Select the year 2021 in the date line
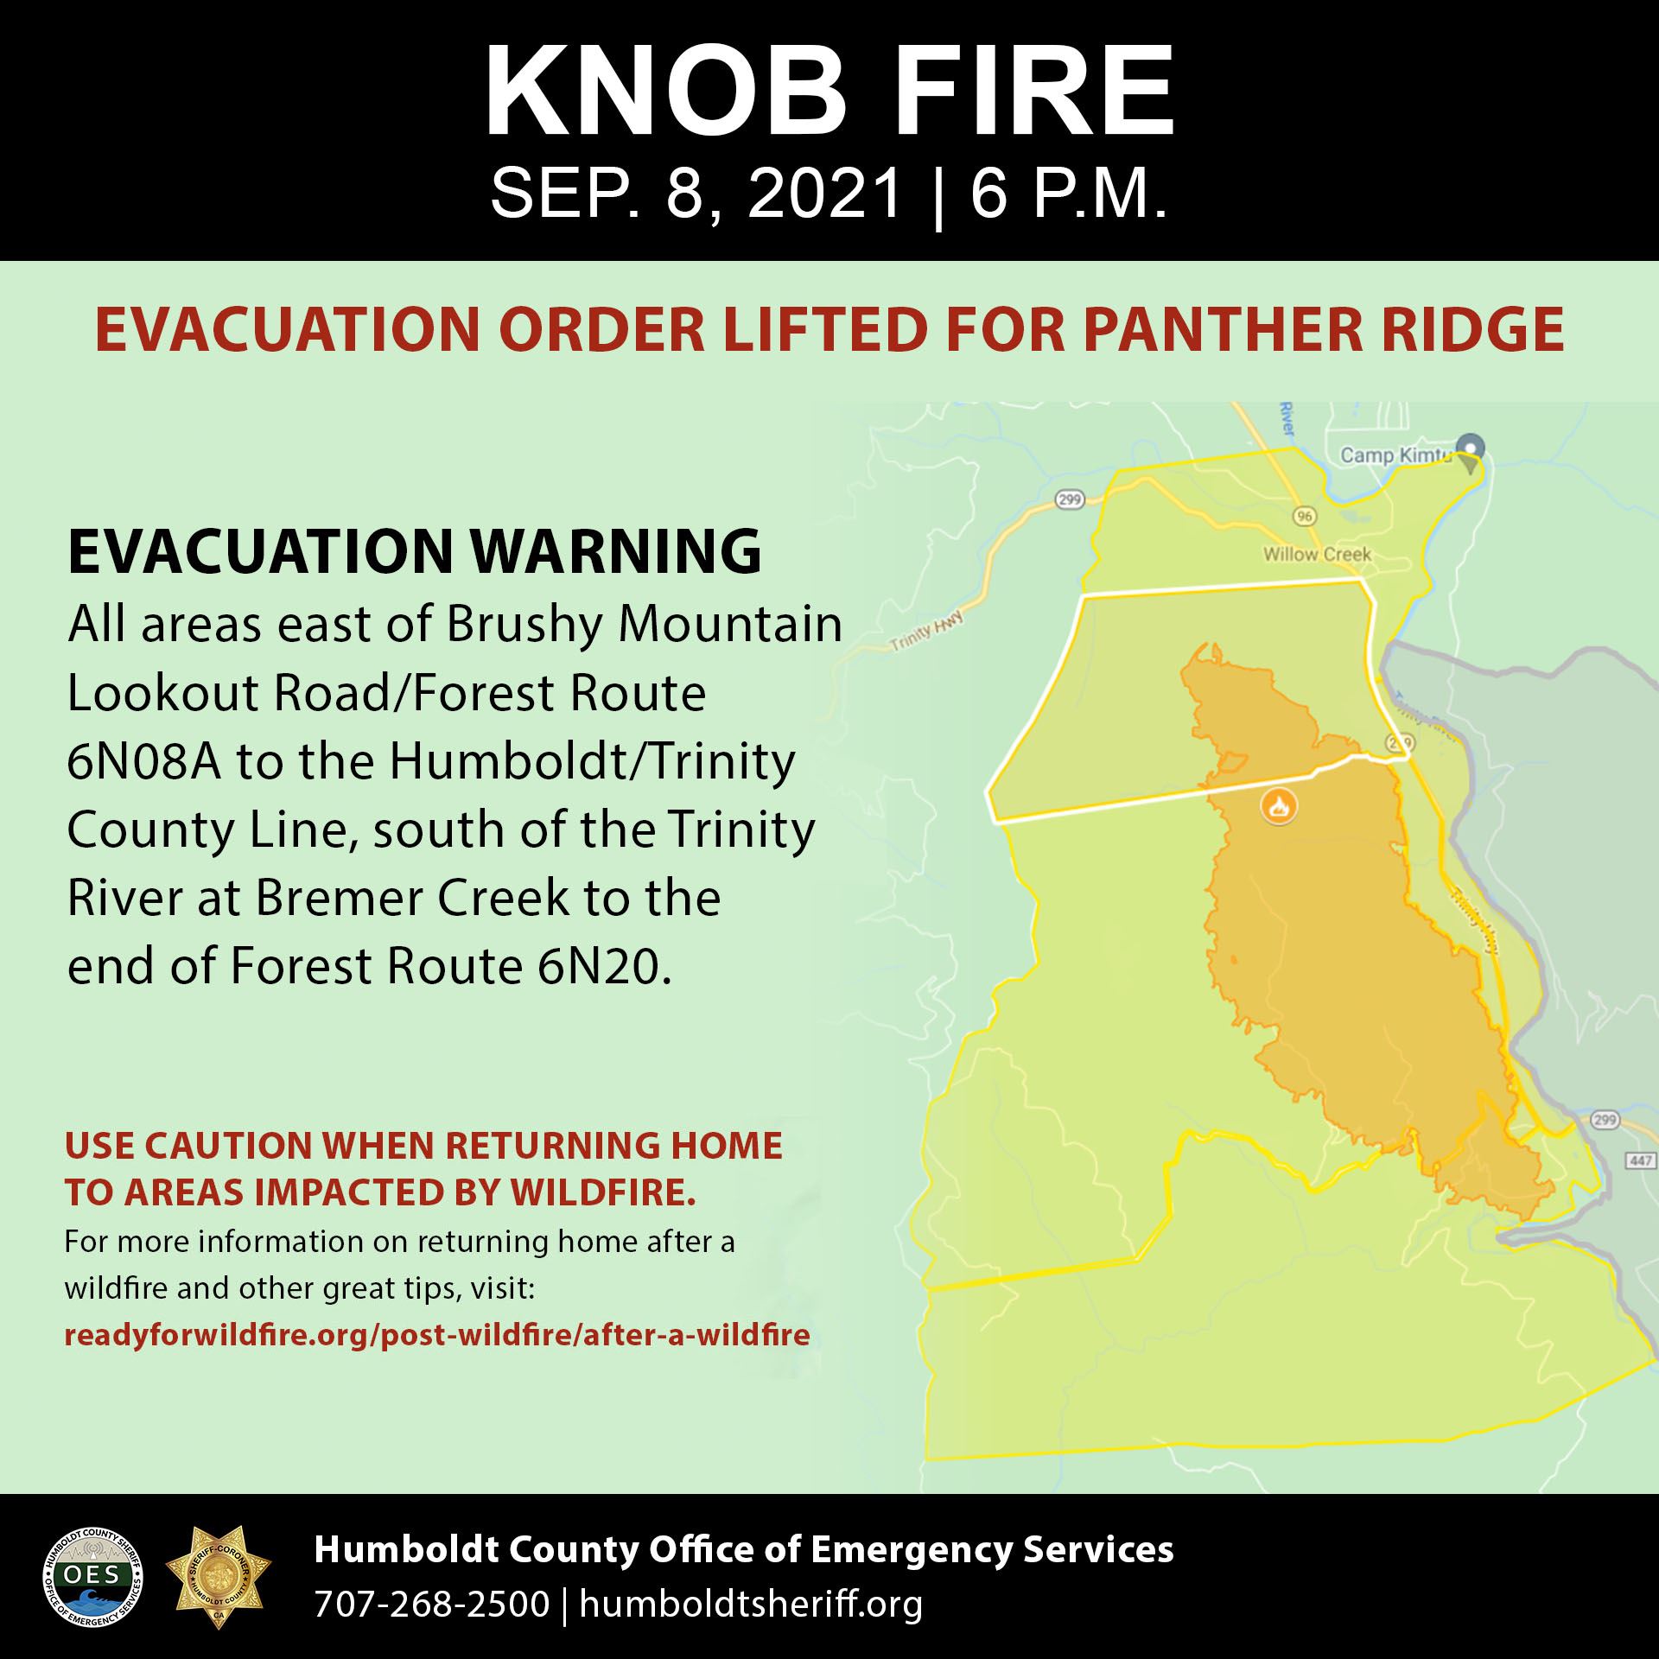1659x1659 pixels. (x=825, y=195)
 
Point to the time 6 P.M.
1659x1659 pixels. (x=1070, y=195)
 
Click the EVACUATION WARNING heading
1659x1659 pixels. (x=414, y=551)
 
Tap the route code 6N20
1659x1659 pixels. (x=598, y=967)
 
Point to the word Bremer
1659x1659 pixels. (x=342, y=899)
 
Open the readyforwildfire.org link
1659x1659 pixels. (x=437, y=1335)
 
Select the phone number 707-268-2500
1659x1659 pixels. (x=432, y=1604)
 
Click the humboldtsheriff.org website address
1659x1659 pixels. (x=751, y=1604)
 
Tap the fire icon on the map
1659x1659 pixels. (x=1279, y=806)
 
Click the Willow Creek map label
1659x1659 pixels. (x=1317, y=554)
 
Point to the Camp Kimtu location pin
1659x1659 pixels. (x=1470, y=450)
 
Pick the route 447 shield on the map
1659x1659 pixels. (x=1641, y=1160)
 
